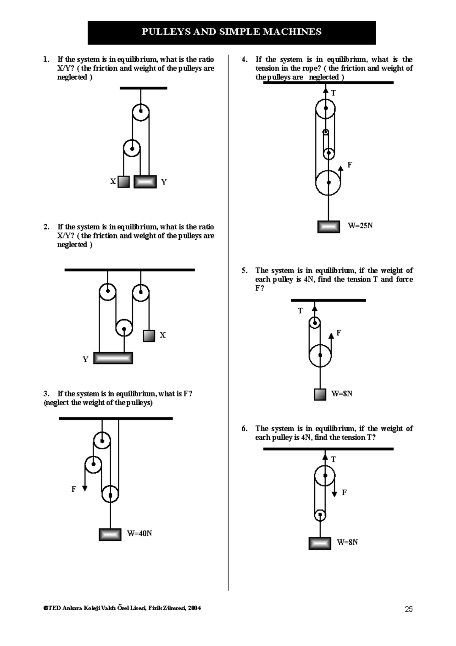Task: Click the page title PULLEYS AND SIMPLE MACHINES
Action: coord(231,32)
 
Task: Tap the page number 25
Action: coord(408,609)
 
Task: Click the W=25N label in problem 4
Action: coord(360,226)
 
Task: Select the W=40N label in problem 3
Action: coord(139,533)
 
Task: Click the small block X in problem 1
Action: coord(123,182)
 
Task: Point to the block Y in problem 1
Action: coord(145,182)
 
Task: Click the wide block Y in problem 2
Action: coord(113,358)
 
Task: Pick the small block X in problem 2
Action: coord(149,336)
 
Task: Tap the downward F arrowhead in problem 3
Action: coord(85,488)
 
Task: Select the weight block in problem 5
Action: coord(320,394)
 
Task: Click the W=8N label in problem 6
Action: coord(347,542)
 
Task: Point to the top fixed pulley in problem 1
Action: coord(141,112)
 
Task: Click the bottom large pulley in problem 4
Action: coord(328,183)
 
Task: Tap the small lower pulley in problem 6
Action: coord(320,515)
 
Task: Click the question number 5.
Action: coord(244,270)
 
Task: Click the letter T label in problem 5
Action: coord(300,311)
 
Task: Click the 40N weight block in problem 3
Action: coord(110,535)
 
